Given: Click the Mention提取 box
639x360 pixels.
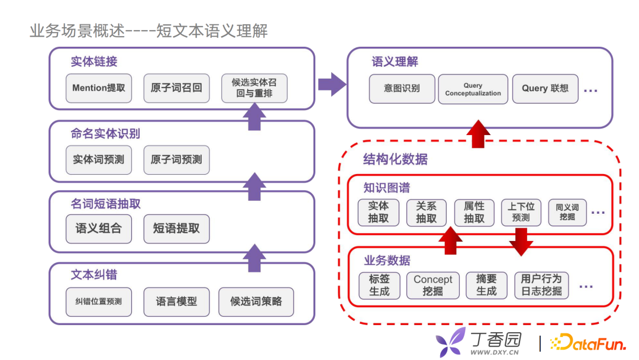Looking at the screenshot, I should click(x=99, y=88).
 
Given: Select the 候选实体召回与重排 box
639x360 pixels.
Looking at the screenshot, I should click(x=254, y=88).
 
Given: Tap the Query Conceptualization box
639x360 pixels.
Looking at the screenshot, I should click(x=473, y=89).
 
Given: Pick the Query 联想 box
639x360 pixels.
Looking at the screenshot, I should click(x=545, y=89).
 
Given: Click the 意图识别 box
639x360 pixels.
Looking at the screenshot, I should click(x=402, y=89).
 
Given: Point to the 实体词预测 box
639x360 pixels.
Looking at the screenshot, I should click(x=99, y=160).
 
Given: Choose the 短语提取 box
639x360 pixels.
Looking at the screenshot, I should click(x=176, y=229).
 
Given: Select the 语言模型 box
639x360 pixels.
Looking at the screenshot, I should click(x=176, y=302).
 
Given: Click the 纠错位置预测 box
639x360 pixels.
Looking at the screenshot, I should click(x=99, y=302).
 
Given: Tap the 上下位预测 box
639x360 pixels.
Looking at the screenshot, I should click(x=521, y=212).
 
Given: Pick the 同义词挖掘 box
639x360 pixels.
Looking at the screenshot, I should click(x=567, y=212).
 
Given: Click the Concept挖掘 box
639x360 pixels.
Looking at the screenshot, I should click(x=433, y=285).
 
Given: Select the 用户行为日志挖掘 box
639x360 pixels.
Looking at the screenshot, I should click(x=541, y=285).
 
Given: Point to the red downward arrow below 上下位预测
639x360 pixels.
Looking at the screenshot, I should click(x=521, y=241).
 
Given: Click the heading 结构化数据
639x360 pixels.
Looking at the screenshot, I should click(x=395, y=159).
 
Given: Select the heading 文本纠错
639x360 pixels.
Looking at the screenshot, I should click(x=94, y=275).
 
